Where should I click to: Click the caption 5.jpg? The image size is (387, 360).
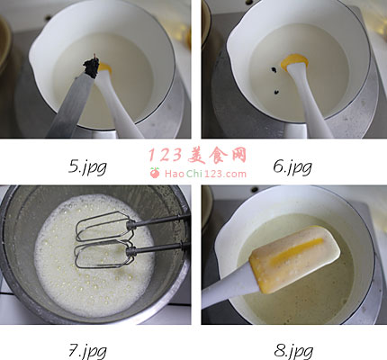click(x=87, y=166)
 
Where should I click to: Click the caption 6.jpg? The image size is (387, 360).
click(x=292, y=166)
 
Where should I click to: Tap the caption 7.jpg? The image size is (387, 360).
click(x=87, y=351)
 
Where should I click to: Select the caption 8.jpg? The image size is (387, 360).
click(x=293, y=351)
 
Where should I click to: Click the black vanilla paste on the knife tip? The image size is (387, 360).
click(x=92, y=66)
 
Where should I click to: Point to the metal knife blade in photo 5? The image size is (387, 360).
click(x=72, y=105)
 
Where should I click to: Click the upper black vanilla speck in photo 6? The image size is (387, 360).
click(x=274, y=70)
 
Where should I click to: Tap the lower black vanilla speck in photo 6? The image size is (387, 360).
click(x=276, y=90)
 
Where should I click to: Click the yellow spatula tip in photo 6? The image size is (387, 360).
click(x=294, y=61)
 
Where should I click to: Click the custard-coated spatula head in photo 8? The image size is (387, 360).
click(x=295, y=258)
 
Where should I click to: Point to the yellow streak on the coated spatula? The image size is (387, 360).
click(x=297, y=251)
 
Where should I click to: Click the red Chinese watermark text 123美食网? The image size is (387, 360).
click(x=197, y=156)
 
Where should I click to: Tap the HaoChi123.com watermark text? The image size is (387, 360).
click(x=205, y=174)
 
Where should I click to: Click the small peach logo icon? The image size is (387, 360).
click(x=155, y=173)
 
